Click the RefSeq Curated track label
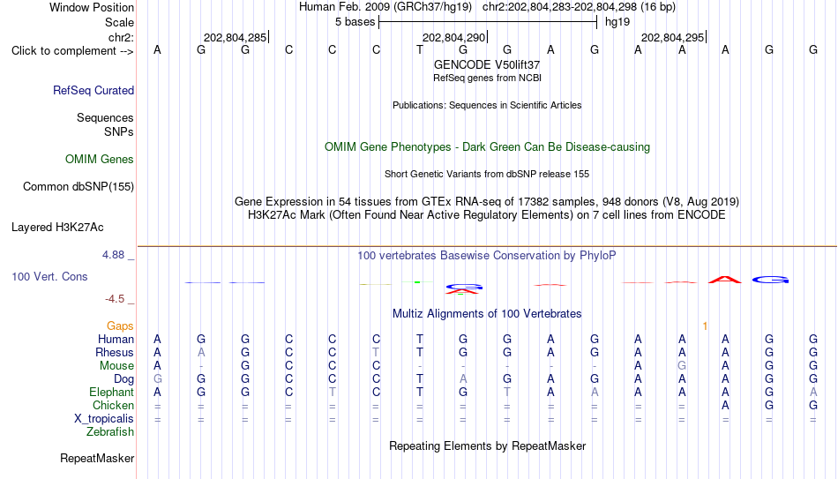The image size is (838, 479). click(x=94, y=90)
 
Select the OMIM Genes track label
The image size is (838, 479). click(x=100, y=160)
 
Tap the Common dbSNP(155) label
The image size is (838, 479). click(x=79, y=187)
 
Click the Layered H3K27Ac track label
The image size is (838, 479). click(x=57, y=228)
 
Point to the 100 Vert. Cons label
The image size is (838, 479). click(x=49, y=276)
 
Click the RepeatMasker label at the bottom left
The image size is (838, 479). click(x=97, y=458)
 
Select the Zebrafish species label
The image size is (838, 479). click(x=110, y=431)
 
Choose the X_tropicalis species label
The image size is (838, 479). click(x=104, y=419)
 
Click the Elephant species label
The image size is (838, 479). click(x=112, y=392)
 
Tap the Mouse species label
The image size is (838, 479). click(x=116, y=366)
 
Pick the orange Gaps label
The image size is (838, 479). click(x=120, y=326)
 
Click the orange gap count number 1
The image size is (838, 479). click(x=705, y=326)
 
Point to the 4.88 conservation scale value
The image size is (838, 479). click(x=113, y=255)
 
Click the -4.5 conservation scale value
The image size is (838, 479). click(x=115, y=299)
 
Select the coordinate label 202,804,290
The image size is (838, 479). click(x=453, y=37)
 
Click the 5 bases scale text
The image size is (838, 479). click(x=355, y=22)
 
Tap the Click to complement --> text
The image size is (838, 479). click(x=72, y=51)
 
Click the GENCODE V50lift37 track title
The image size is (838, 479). click(x=487, y=64)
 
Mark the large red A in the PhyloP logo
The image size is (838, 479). click(x=725, y=279)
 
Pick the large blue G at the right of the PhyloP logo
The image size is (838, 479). click(x=770, y=280)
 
